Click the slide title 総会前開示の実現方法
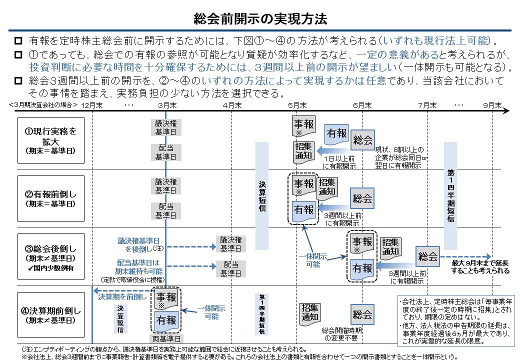[260, 19]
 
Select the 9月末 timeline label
[492, 105]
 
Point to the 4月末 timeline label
[231, 105]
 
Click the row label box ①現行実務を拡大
[51, 140]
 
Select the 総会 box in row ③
[427, 257]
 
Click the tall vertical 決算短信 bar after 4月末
[262, 196]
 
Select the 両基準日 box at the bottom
[166, 339]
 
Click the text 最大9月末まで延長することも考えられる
[480, 266]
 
